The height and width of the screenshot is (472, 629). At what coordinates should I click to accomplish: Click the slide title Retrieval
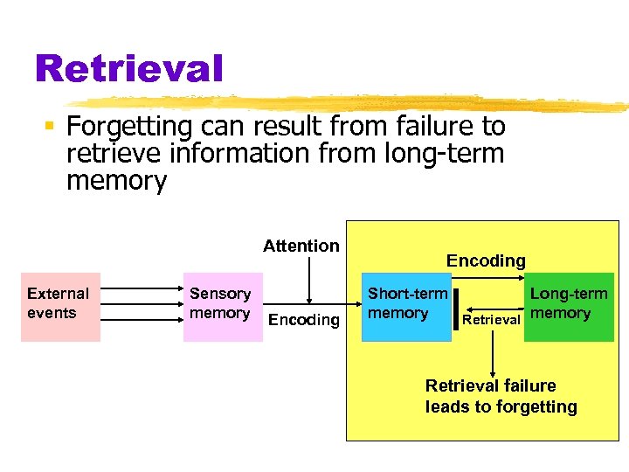(x=128, y=67)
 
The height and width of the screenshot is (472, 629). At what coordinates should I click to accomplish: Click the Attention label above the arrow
(x=301, y=246)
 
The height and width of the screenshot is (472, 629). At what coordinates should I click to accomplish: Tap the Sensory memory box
(x=222, y=307)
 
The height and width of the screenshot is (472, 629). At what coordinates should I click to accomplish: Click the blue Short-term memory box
(x=406, y=307)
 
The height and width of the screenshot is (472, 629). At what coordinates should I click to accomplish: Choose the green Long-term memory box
(x=569, y=307)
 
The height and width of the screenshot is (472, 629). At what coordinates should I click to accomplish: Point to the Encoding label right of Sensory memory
(x=304, y=320)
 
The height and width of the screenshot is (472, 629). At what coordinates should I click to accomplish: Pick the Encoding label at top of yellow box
(x=486, y=260)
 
